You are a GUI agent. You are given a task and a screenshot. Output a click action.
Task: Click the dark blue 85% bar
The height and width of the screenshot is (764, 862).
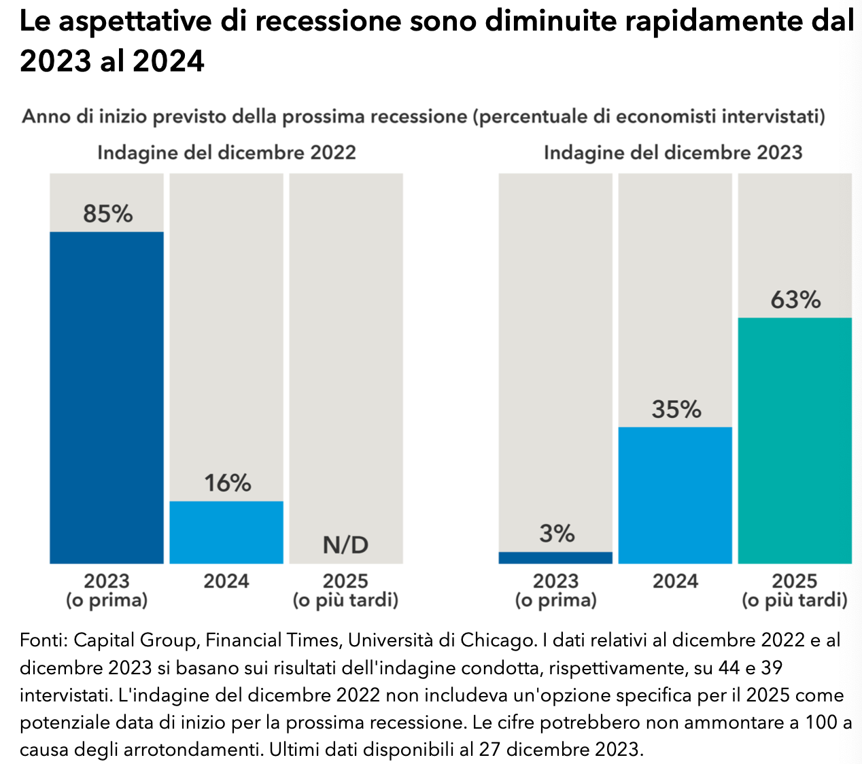click(x=107, y=398)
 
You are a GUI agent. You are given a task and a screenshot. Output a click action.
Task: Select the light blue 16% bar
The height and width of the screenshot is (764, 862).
click(x=226, y=532)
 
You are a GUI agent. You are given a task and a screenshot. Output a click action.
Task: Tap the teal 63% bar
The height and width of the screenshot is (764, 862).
click(x=795, y=440)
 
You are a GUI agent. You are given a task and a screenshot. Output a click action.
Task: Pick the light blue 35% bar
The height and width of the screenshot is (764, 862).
click(x=675, y=495)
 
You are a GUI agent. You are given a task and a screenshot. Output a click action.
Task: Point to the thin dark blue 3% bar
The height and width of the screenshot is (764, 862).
click(x=555, y=557)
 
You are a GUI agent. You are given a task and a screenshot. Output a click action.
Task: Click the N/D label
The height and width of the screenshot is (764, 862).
click(x=345, y=544)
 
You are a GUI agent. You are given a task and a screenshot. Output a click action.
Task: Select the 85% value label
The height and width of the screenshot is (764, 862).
click(x=107, y=214)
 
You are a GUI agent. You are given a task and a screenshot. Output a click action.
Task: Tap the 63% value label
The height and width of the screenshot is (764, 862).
click(x=795, y=300)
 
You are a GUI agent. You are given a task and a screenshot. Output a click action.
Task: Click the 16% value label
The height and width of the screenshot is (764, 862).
click(x=227, y=483)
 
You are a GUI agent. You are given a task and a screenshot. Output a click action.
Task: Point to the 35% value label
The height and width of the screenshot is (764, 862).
click(x=676, y=409)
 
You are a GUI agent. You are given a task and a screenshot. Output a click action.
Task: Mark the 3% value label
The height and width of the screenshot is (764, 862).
click(x=557, y=534)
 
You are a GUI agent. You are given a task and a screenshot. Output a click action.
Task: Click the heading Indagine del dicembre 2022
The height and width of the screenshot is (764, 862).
click(x=226, y=152)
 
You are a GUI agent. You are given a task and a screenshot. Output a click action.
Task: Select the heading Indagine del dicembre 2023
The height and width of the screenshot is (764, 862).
click(x=673, y=152)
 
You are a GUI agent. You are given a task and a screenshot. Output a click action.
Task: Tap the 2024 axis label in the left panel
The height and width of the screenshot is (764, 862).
click(x=226, y=581)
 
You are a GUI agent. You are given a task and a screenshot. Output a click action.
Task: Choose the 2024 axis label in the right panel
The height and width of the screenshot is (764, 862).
click(x=675, y=581)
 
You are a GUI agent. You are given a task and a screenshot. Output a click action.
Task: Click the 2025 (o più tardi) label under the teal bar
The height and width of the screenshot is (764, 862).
click(x=795, y=591)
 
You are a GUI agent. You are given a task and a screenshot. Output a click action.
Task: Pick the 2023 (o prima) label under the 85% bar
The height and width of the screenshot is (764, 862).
click(x=107, y=591)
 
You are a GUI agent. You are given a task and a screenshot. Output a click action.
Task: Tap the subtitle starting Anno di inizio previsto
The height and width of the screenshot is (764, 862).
click(x=424, y=117)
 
